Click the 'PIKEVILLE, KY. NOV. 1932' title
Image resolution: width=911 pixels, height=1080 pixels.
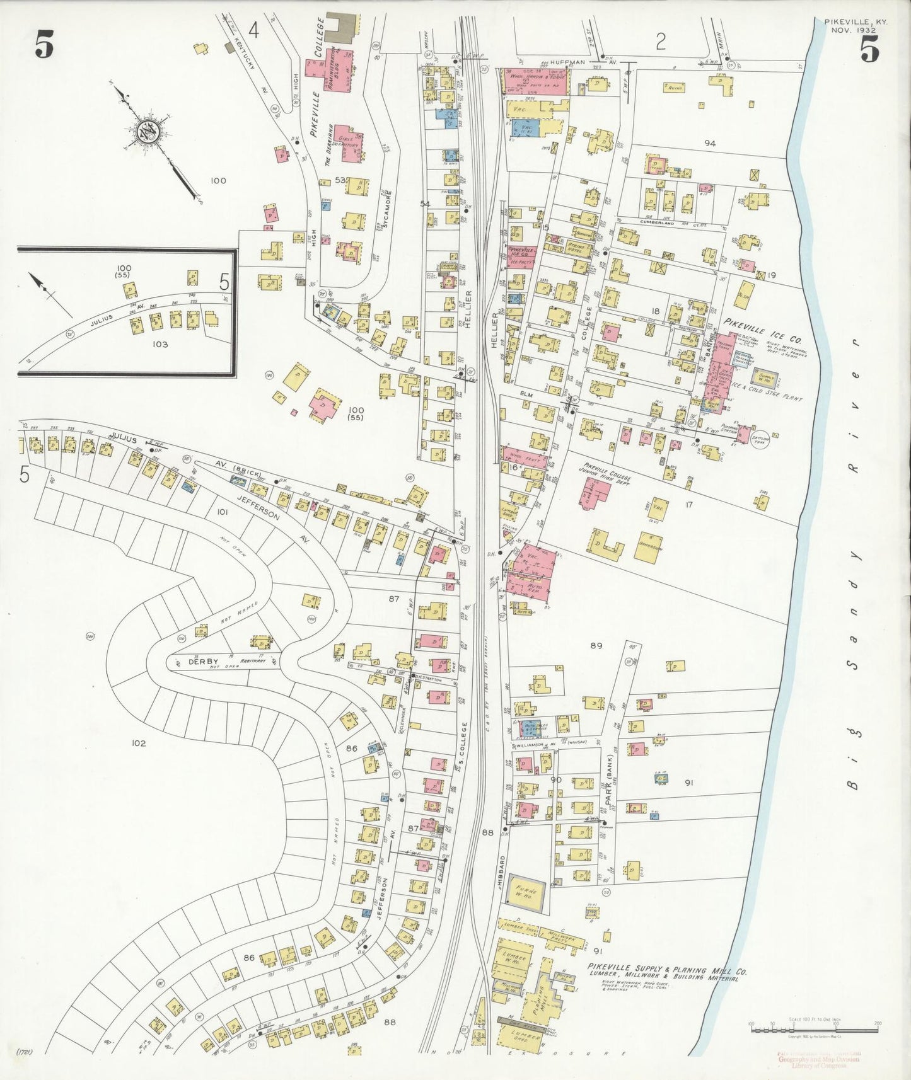pyautogui.click(x=856, y=25)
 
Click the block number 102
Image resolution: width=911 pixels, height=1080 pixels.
pyautogui.click(x=139, y=743)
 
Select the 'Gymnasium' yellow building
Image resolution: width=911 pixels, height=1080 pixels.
pyautogui.click(x=648, y=548)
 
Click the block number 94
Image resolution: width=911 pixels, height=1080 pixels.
pyautogui.click(x=710, y=143)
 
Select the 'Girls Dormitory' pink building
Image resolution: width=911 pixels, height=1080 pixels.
pyautogui.click(x=349, y=144)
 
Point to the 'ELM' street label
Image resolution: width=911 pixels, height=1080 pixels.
pyautogui.click(x=526, y=395)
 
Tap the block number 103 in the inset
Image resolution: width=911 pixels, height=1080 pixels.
pyautogui.click(x=160, y=344)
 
